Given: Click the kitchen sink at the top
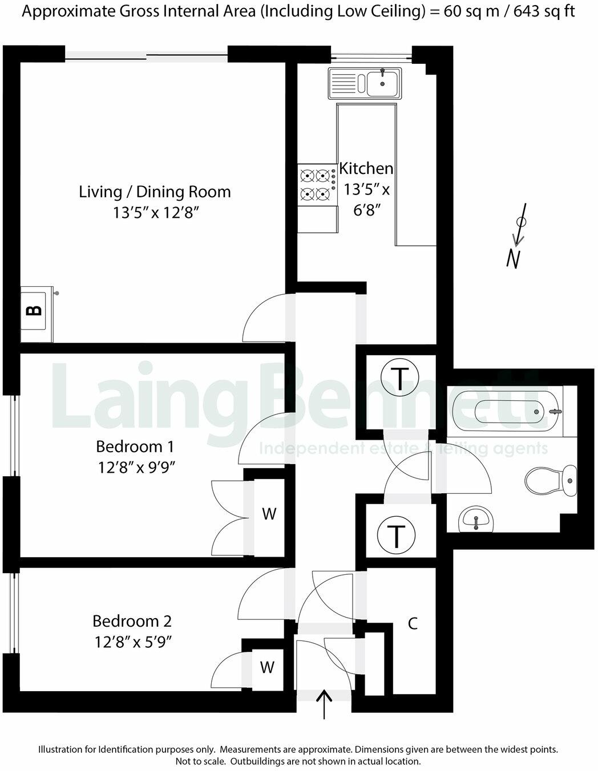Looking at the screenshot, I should [364, 82].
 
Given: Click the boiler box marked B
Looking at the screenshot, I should [35, 311].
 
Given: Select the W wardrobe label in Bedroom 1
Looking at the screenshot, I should [269, 514].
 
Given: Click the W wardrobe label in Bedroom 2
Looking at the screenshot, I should [267, 667].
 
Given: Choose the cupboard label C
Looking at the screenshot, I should [413, 623].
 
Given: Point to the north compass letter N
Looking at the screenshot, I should [514, 259].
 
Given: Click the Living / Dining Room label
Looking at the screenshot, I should [155, 192].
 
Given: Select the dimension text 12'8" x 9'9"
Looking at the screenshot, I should [135, 468].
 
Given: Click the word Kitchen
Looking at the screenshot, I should [366, 169].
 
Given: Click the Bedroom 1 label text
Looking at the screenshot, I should [135, 446].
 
